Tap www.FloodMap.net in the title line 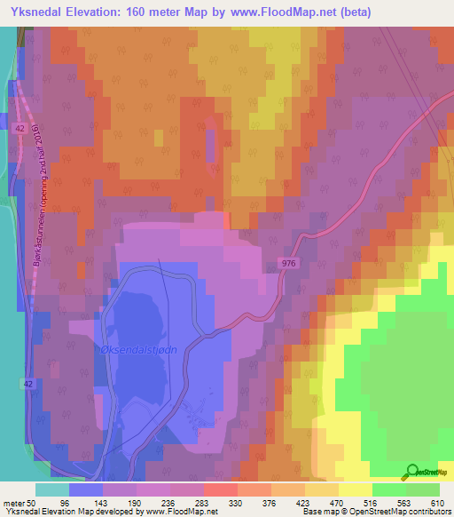tap(279, 12)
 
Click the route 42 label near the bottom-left tap(27, 382)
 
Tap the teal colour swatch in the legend tap(52, 489)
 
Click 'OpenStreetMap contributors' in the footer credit tap(410, 512)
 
